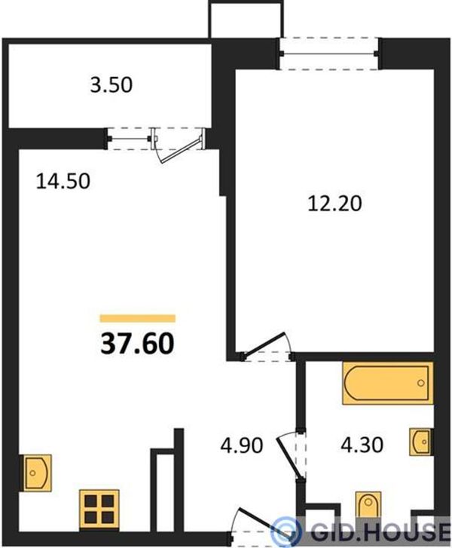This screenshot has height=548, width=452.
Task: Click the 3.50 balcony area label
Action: pos(111,85)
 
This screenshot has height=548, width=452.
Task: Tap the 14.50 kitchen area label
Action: pos(63,182)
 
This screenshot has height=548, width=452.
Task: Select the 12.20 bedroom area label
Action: pos(334,204)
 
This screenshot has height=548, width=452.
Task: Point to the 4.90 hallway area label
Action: pos(242,445)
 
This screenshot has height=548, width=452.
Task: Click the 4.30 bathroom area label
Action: pos(362,445)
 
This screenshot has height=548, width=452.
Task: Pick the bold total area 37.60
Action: pos(137,344)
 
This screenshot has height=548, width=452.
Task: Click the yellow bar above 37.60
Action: pos(138,318)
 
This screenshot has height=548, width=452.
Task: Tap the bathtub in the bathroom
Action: pos(388,384)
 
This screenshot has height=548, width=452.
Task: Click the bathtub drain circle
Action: pos(420,383)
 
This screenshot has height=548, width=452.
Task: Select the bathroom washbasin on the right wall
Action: pos(421,442)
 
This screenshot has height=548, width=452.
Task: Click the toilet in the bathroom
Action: pos(368,504)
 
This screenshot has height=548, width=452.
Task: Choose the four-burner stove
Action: pos(99,509)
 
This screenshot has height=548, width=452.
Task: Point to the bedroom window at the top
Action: pos(328,54)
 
